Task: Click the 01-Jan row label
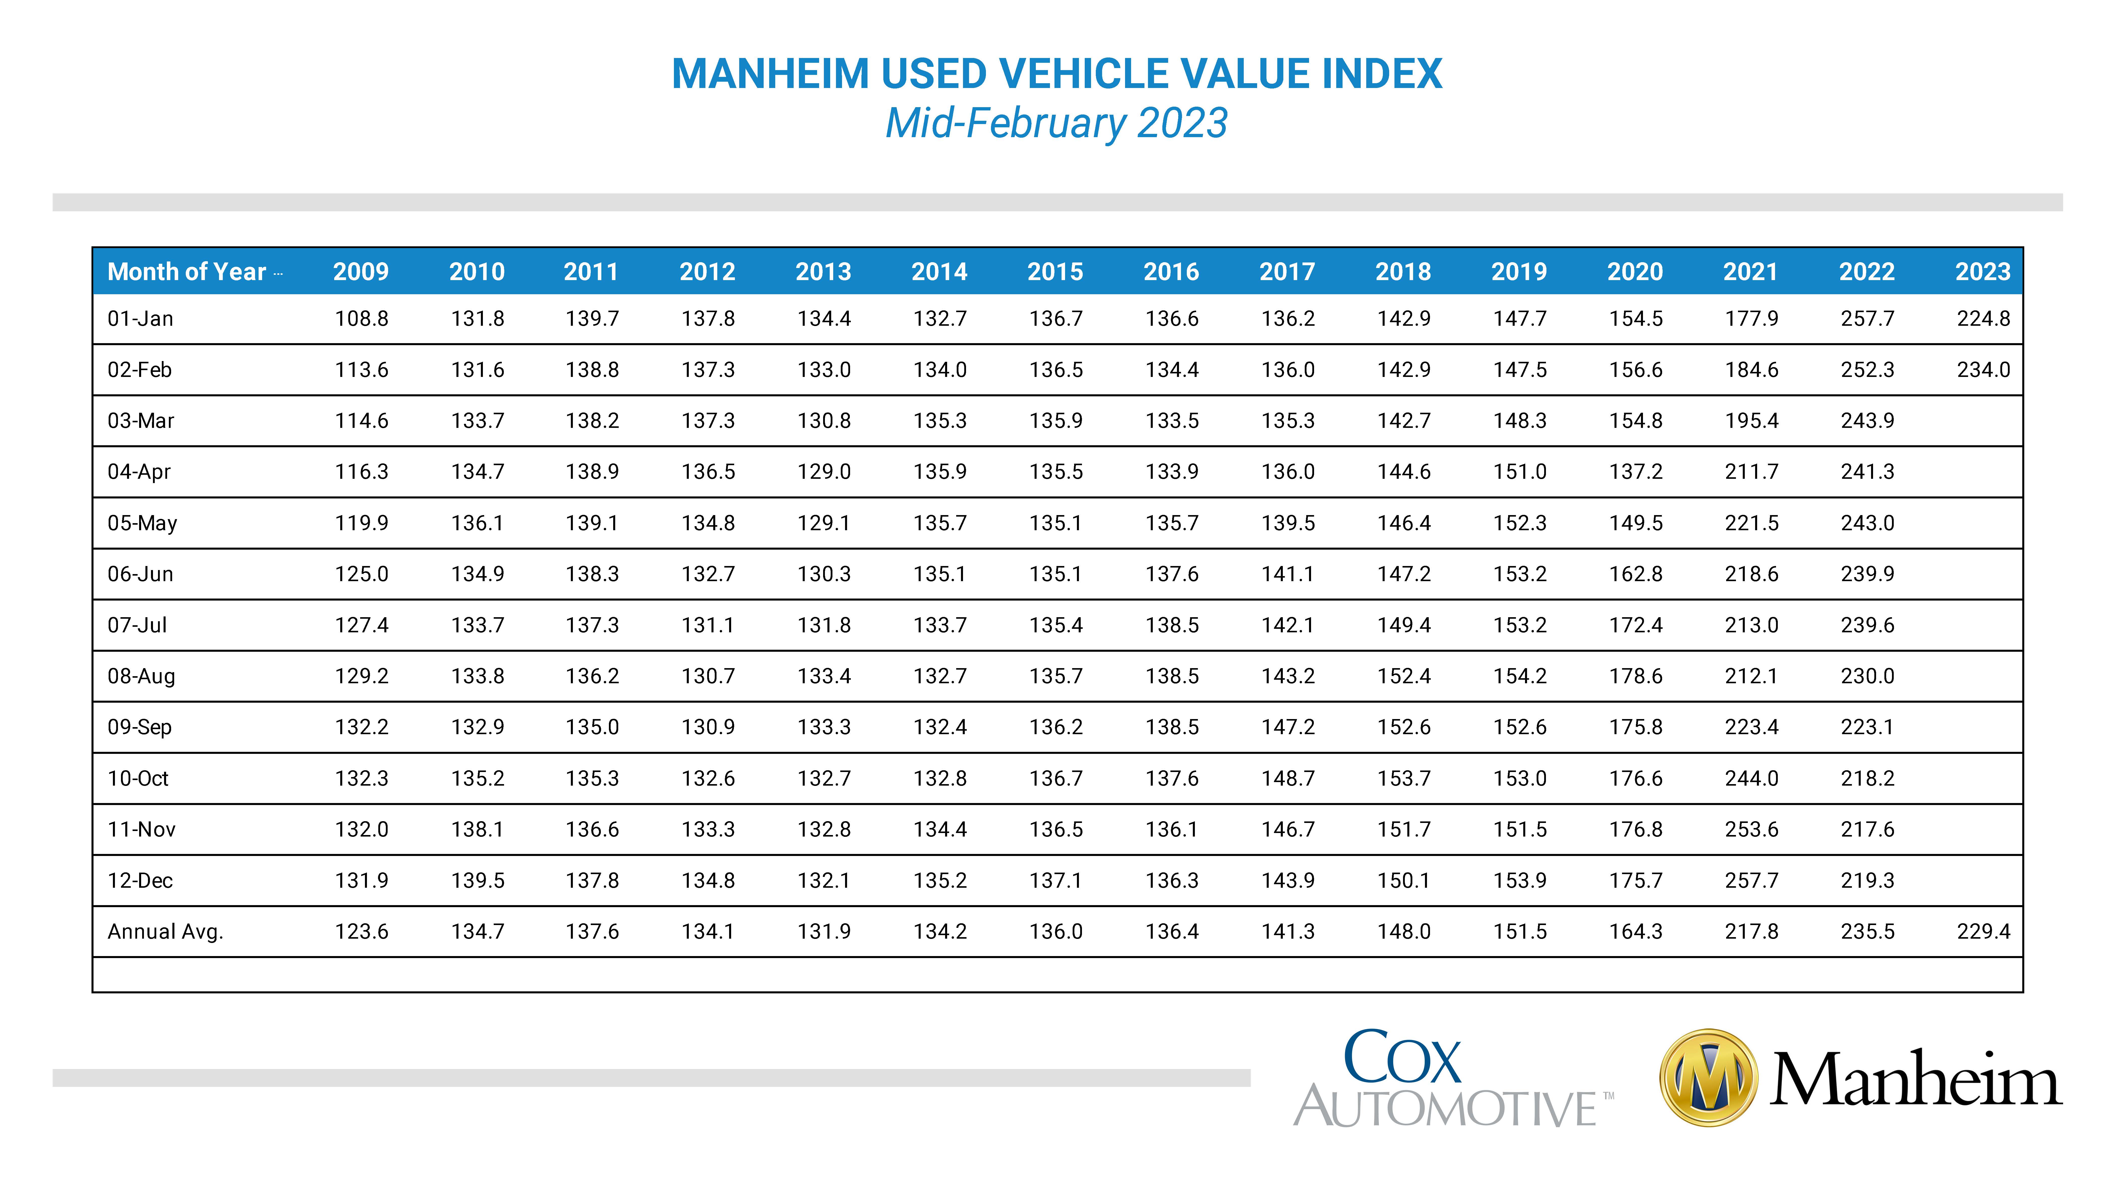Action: (x=140, y=318)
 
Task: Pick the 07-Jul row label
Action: (x=137, y=625)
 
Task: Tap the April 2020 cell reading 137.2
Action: (x=1636, y=471)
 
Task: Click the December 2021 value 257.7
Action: (x=1751, y=880)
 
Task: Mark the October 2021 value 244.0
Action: (x=1751, y=778)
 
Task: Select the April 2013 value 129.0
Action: (x=824, y=471)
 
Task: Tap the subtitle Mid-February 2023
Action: (x=1056, y=123)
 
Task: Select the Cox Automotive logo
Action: (x=1452, y=1078)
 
